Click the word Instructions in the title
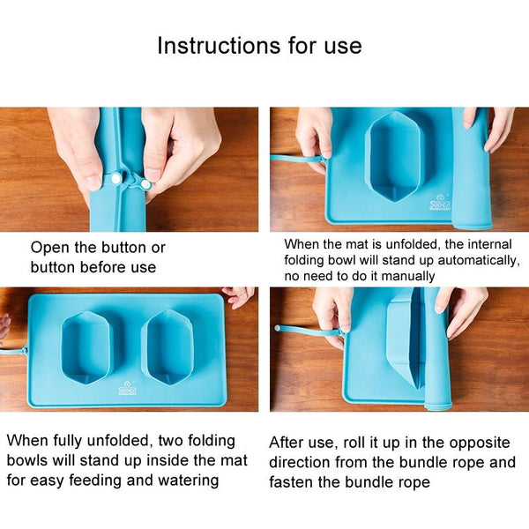click(x=219, y=45)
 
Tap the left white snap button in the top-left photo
click(x=115, y=177)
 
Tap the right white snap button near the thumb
click(x=145, y=184)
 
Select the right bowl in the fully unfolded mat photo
click(x=167, y=347)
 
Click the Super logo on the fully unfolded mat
click(x=128, y=388)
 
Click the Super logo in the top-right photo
click(x=440, y=202)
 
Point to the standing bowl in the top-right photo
click(x=394, y=156)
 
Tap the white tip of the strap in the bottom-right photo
click(x=278, y=328)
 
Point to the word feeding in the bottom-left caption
click(x=96, y=481)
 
